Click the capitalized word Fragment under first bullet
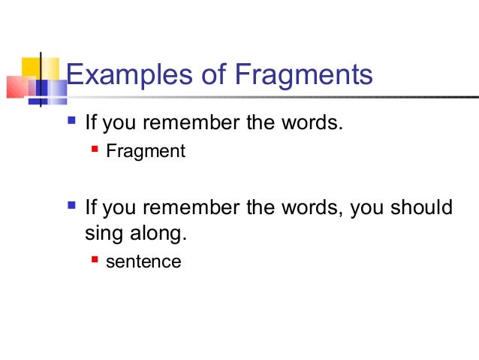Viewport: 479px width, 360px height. click(145, 152)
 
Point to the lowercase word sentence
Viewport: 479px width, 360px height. click(143, 262)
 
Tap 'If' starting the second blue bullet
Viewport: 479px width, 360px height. click(91, 207)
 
